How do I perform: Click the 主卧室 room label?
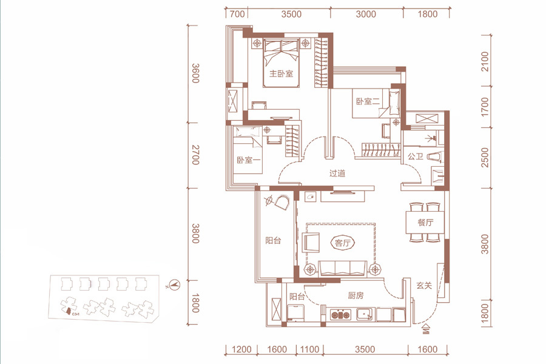coord(281,73)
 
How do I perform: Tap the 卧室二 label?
coord(368,101)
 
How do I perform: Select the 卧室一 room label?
coord(249,160)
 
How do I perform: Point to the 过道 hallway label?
coord(337,173)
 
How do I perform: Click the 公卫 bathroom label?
coord(416,157)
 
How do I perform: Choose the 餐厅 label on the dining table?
coord(425,222)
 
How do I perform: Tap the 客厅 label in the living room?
coord(342,243)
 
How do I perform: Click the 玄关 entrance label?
coord(424,286)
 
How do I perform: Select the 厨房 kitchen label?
coord(356,295)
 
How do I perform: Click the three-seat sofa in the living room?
coord(343,268)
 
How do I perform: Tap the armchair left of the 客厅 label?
coord(311,242)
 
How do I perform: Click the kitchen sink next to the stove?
coord(365,314)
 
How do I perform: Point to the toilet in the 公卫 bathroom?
coord(434,157)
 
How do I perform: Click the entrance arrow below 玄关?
coord(426,329)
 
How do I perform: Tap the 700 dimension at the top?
coord(237,14)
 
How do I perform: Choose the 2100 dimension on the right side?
coord(484,62)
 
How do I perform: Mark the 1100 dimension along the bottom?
coord(309,349)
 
